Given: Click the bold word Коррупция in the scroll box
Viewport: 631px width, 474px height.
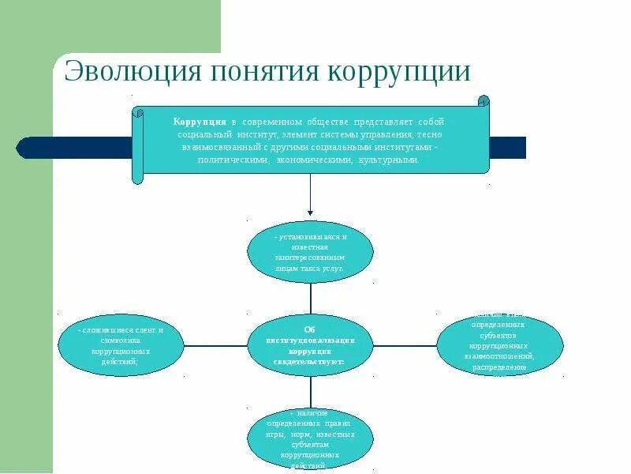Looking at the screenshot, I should (x=200, y=122).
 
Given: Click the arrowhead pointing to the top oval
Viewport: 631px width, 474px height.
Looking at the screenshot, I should (x=310, y=212).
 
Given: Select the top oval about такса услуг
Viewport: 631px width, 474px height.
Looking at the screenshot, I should (x=310, y=252).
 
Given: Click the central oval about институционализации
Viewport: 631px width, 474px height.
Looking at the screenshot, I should (x=310, y=345).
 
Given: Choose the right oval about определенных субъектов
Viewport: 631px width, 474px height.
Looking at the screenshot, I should (x=500, y=345).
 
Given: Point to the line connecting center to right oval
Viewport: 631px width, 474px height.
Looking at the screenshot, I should (x=405, y=345).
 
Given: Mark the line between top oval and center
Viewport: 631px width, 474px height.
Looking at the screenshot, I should (x=310, y=299).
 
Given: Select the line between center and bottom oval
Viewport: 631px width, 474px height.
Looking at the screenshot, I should (x=310, y=392).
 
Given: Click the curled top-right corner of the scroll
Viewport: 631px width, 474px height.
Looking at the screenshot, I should (x=484, y=102).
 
